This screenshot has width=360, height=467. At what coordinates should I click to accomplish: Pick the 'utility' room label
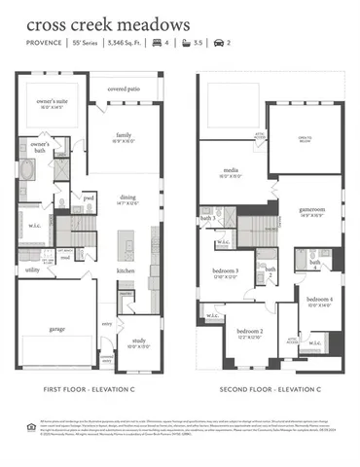(32, 270)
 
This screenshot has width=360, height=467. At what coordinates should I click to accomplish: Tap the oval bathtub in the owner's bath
(27, 170)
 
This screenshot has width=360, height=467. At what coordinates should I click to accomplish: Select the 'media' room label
(230, 171)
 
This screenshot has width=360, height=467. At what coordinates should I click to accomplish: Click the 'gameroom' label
(310, 211)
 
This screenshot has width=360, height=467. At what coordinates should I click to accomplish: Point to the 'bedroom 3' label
(227, 270)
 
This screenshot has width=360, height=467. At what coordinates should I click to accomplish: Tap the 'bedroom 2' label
(248, 334)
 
